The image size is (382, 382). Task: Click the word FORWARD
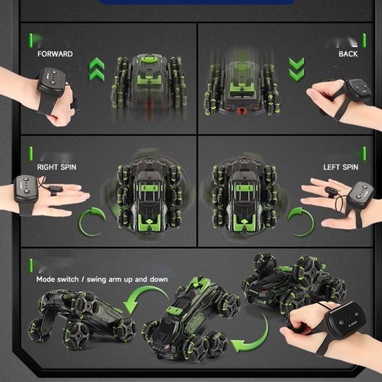pos(55,54)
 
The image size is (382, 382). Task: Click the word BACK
pos(348,54)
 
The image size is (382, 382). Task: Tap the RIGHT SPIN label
pos(57,167)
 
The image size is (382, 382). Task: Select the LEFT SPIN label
pos(341,167)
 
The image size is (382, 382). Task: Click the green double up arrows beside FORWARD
pos(97,69)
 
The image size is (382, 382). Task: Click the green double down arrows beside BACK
pos(296,69)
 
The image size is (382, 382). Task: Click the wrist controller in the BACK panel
pos(358,90)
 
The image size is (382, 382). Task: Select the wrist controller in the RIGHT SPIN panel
pos(25,188)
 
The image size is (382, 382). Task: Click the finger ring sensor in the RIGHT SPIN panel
pos(55,189)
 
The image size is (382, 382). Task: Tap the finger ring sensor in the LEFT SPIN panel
pos(332,191)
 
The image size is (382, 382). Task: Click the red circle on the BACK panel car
pos(242,111)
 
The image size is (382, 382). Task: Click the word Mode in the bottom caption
pos(45,279)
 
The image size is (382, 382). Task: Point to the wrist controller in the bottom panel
pos(346,320)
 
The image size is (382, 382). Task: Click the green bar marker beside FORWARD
pos(31,41)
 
